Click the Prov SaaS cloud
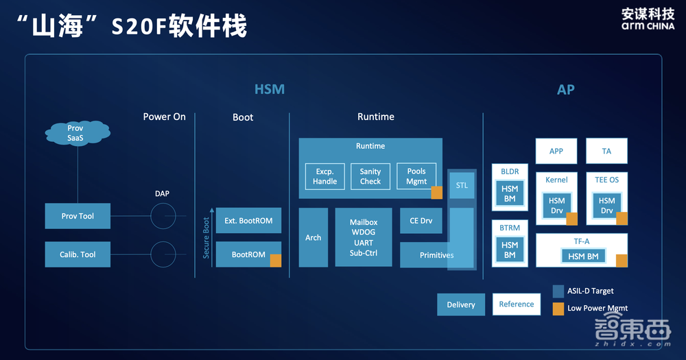pyautogui.click(x=75, y=133)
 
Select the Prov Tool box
pyautogui.click(x=78, y=216)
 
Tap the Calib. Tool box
pyautogui.click(x=78, y=254)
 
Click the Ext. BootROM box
pyautogui.click(x=248, y=221)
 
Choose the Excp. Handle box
pyautogui.click(x=325, y=176)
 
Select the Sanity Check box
pyautogui.click(x=370, y=176)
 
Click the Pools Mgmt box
pyautogui.click(x=416, y=176)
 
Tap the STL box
pyautogui.click(x=462, y=185)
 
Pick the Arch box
pyautogui.click(x=314, y=237)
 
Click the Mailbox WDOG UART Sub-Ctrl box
pyautogui.click(x=364, y=237)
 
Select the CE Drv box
pyautogui.click(x=421, y=221)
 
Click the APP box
pyautogui.click(x=556, y=151)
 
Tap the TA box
pyautogui.click(x=606, y=151)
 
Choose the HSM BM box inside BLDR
pyautogui.click(x=510, y=193)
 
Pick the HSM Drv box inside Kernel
pyautogui.click(x=556, y=206)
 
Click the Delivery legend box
pyautogui.click(x=461, y=304)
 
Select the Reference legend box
pyautogui.click(x=517, y=304)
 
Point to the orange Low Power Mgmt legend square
pyautogui.click(x=558, y=308)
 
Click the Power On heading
pyautogui.click(x=164, y=117)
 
